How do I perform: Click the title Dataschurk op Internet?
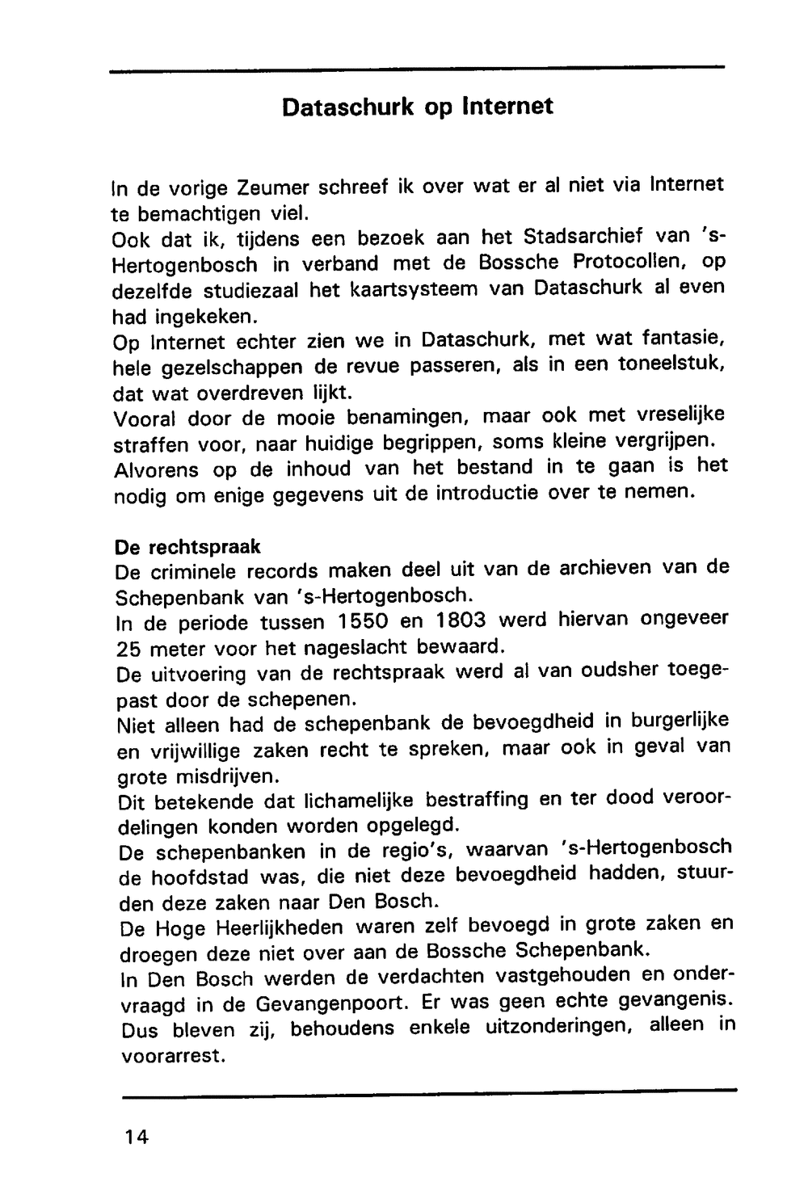point(418,107)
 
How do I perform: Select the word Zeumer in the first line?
point(274,187)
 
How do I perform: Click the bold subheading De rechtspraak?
point(188,547)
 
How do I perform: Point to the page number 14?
point(137,1137)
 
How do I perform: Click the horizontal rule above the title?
point(417,70)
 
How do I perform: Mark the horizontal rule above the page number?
point(429,1093)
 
